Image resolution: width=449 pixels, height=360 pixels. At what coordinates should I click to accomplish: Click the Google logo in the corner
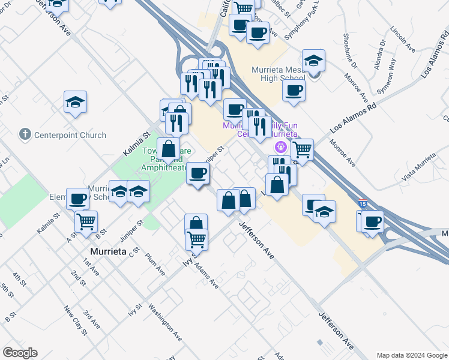20,353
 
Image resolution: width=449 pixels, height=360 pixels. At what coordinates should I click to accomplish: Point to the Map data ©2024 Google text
411,355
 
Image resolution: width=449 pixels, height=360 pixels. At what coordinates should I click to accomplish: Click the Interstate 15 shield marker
362,204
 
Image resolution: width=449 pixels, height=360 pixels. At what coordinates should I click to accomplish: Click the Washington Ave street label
165,324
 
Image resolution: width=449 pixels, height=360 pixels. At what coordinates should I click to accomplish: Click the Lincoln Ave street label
402,38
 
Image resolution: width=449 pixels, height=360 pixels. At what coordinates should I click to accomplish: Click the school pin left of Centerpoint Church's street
75,103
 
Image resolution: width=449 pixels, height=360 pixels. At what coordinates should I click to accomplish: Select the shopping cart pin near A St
86,222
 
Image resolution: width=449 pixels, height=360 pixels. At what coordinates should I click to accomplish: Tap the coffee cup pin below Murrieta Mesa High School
294,91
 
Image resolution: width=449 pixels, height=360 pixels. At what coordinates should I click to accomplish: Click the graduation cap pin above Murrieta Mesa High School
313,61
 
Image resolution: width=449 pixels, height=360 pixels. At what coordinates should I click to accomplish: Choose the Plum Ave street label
155,264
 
